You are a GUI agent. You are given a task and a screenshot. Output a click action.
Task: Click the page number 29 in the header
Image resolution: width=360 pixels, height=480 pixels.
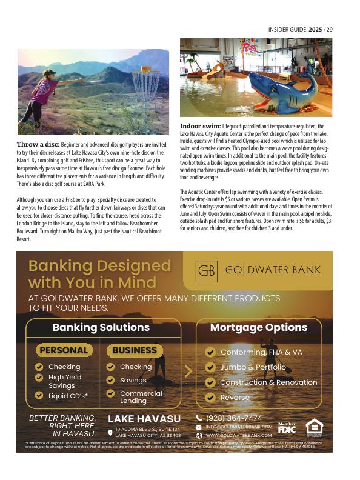pos(330,29)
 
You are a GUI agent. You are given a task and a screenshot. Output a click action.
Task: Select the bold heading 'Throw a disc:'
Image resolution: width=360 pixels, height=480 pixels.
pos(38,145)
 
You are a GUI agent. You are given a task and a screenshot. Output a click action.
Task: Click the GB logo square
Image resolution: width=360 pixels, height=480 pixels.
pos(207,270)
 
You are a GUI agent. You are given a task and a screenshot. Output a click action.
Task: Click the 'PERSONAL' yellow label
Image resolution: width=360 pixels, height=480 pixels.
pos(64,350)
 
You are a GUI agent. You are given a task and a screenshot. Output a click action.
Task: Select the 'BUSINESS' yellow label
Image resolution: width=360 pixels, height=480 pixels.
pos(135,350)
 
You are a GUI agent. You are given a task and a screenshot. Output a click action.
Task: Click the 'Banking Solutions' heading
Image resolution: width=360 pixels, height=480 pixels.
pos(101,327)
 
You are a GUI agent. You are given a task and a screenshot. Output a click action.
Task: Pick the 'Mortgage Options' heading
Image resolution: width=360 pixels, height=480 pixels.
pos(259,327)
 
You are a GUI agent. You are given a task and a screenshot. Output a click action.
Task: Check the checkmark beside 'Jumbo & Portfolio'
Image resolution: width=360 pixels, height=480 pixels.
pos(210,367)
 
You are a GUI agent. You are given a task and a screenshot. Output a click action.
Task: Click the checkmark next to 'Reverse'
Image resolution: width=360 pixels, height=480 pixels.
pos(210,398)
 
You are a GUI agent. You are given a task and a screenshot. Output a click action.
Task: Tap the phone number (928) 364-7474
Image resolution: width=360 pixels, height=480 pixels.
pos(234,418)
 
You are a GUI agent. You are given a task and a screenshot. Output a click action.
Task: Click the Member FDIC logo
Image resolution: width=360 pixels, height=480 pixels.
pos(287,427)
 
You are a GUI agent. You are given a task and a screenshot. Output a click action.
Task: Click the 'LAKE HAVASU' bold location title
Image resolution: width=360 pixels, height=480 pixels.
pos(144,419)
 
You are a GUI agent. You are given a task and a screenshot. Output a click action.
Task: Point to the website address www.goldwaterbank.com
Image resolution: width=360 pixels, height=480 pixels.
pos(239,435)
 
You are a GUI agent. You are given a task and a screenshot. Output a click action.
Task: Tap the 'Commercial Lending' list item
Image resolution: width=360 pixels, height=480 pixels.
pos(141,397)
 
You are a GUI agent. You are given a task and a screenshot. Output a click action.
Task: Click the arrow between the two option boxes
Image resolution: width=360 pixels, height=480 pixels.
pos(188,371)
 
